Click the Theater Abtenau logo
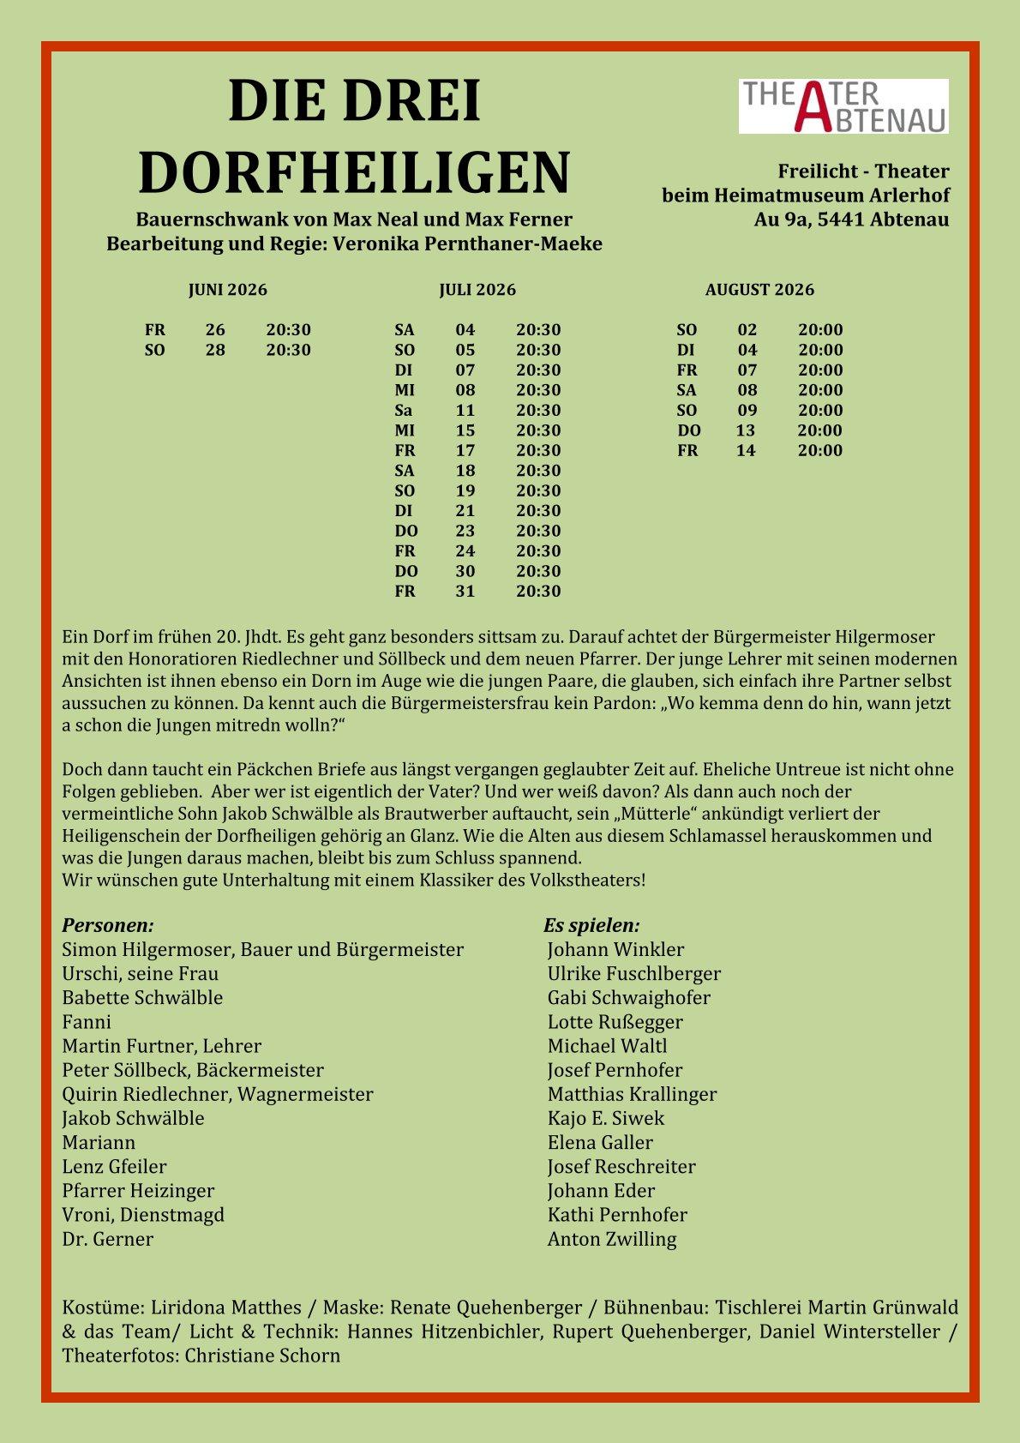point(843,106)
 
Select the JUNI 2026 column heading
point(227,290)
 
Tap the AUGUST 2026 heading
point(759,290)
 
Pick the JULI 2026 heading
point(477,290)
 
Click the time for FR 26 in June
point(288,330)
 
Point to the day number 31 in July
point(465,592)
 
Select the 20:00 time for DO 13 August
point(819,430)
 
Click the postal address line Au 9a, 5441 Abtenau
point(851,219)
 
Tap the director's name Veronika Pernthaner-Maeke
point(467,244)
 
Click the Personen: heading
point(108,926)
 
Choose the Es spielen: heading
point(591,926)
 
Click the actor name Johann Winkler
point(615,950)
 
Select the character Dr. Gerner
point(108,1239)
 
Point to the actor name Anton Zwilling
point(612,1239)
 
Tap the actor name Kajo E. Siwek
point(606,1118)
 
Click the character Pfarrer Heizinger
point(138,1191)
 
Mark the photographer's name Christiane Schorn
point(262,1356)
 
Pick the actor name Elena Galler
point(600,1143)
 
